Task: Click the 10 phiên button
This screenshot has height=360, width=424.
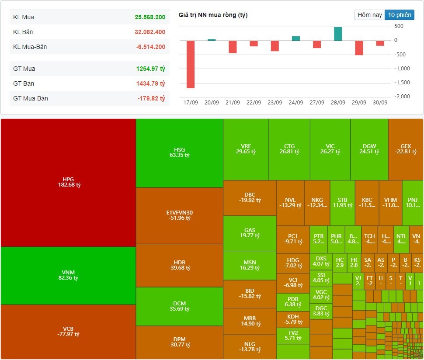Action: pyautogui.click(x=399, y=15)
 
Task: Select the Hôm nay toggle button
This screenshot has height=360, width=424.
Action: pyautogui.click(x=370, y=15)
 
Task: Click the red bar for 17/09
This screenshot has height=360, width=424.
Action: pyautogui.click(x=191, y=64)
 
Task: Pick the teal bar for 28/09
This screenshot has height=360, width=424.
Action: pyautogui.click(x=338, y=34)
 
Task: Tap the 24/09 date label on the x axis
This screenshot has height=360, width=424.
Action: pyautogui.click(x=296, y=103)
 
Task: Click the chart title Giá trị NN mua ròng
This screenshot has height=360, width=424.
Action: pyautogui.click(x=213, y=15)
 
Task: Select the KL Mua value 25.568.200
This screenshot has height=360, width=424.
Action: pyautogui.click(x=150, y=17)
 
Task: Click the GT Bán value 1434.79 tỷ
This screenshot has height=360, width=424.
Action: pyautogui.click(x=150, y=83)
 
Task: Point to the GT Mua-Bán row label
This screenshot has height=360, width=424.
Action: pyautogui.click(x=31, y=98)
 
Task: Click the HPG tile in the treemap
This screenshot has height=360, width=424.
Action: pyautogui.click(x=68, y=182)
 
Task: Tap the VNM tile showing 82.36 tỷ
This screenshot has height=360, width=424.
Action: pyautogui.click(x=68, y=275)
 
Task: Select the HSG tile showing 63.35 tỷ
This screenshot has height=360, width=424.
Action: pyautogui.click(x=179, y=152)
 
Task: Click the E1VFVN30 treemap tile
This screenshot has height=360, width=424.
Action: pyautogui.click(x=179, y=215)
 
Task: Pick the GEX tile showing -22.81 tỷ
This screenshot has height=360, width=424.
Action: pyautogui.click(x=406, y=149)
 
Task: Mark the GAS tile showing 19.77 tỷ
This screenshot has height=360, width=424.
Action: pyautogui.click(x=250, y=233)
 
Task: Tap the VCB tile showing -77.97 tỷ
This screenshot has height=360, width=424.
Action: pyautogui.click(x=68, y=331)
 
